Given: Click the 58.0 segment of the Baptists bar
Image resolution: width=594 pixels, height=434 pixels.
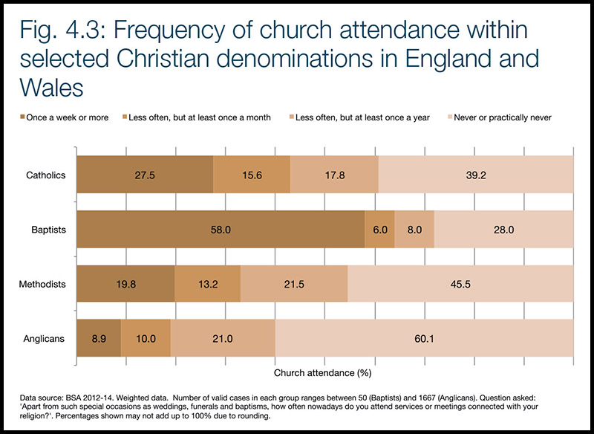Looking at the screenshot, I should coord(221,230).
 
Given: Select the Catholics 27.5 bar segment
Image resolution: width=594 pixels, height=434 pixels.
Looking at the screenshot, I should coord(145,175).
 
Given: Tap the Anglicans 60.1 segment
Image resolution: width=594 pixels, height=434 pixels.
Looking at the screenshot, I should coord(424,339).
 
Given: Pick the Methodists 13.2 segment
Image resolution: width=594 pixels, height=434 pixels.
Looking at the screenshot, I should coord(207,285).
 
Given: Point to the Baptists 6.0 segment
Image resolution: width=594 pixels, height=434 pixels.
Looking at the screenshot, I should coord(379,230).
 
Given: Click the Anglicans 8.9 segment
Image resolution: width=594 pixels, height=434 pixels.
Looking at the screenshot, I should coord(99,339).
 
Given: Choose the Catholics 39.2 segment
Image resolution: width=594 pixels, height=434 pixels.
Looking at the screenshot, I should coord(476,175).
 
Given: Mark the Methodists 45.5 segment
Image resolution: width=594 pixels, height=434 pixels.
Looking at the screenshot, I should coord(460,285).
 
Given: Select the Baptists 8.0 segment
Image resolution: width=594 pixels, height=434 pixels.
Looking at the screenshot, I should coord(414,230).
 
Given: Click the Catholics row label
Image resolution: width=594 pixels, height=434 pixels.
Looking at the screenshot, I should coord(46,175).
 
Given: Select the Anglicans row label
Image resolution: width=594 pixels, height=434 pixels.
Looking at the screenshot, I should coord(45,339).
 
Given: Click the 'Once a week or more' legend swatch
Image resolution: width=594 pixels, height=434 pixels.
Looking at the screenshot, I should coord(23,118).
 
